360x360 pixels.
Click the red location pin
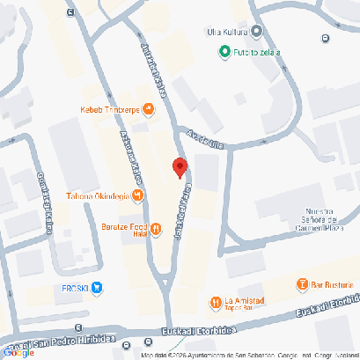click(180, 166)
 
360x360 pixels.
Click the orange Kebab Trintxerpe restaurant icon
click(148, 109)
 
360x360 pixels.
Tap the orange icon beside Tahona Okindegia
click(139, 195)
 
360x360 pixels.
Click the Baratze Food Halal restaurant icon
click(156, 230)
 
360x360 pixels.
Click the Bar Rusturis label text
click(335, 284)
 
